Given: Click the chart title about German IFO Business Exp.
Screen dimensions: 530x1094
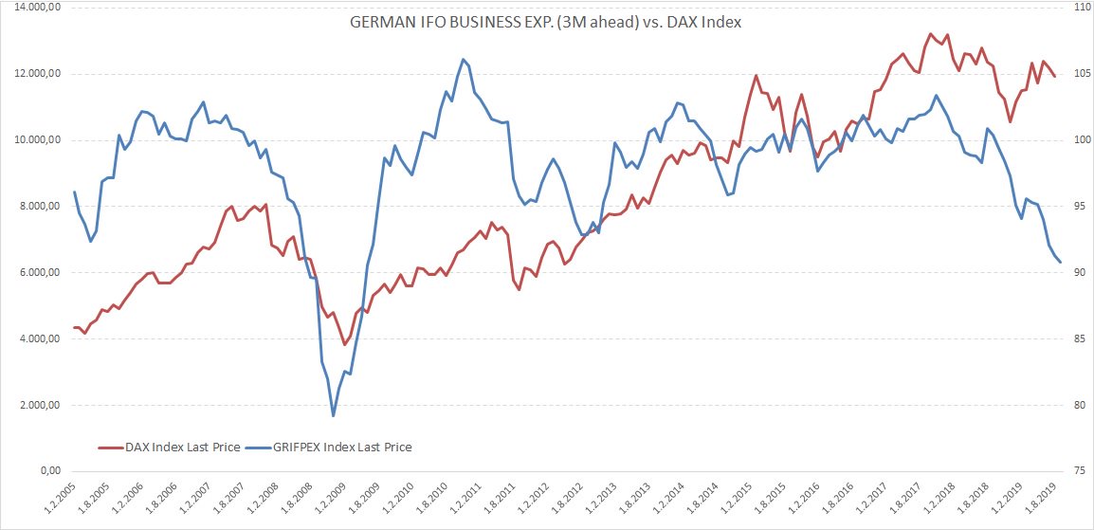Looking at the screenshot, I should coord(545,21).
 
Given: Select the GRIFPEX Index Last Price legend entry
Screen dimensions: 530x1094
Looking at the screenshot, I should coord(337,447).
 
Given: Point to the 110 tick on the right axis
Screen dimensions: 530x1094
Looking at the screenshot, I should coord(1075,8).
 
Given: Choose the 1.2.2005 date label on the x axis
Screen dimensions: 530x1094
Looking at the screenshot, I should coord(59,498).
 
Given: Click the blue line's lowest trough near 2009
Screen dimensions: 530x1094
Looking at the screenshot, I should coord(334,415).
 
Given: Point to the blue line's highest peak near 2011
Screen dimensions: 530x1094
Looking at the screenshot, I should coord(463,59).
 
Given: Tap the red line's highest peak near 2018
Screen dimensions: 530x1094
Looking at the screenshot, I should coord(930,34).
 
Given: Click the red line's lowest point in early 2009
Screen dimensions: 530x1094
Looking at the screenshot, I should coord(345,345).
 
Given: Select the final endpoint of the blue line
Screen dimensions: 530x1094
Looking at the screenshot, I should coord(1061,263).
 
